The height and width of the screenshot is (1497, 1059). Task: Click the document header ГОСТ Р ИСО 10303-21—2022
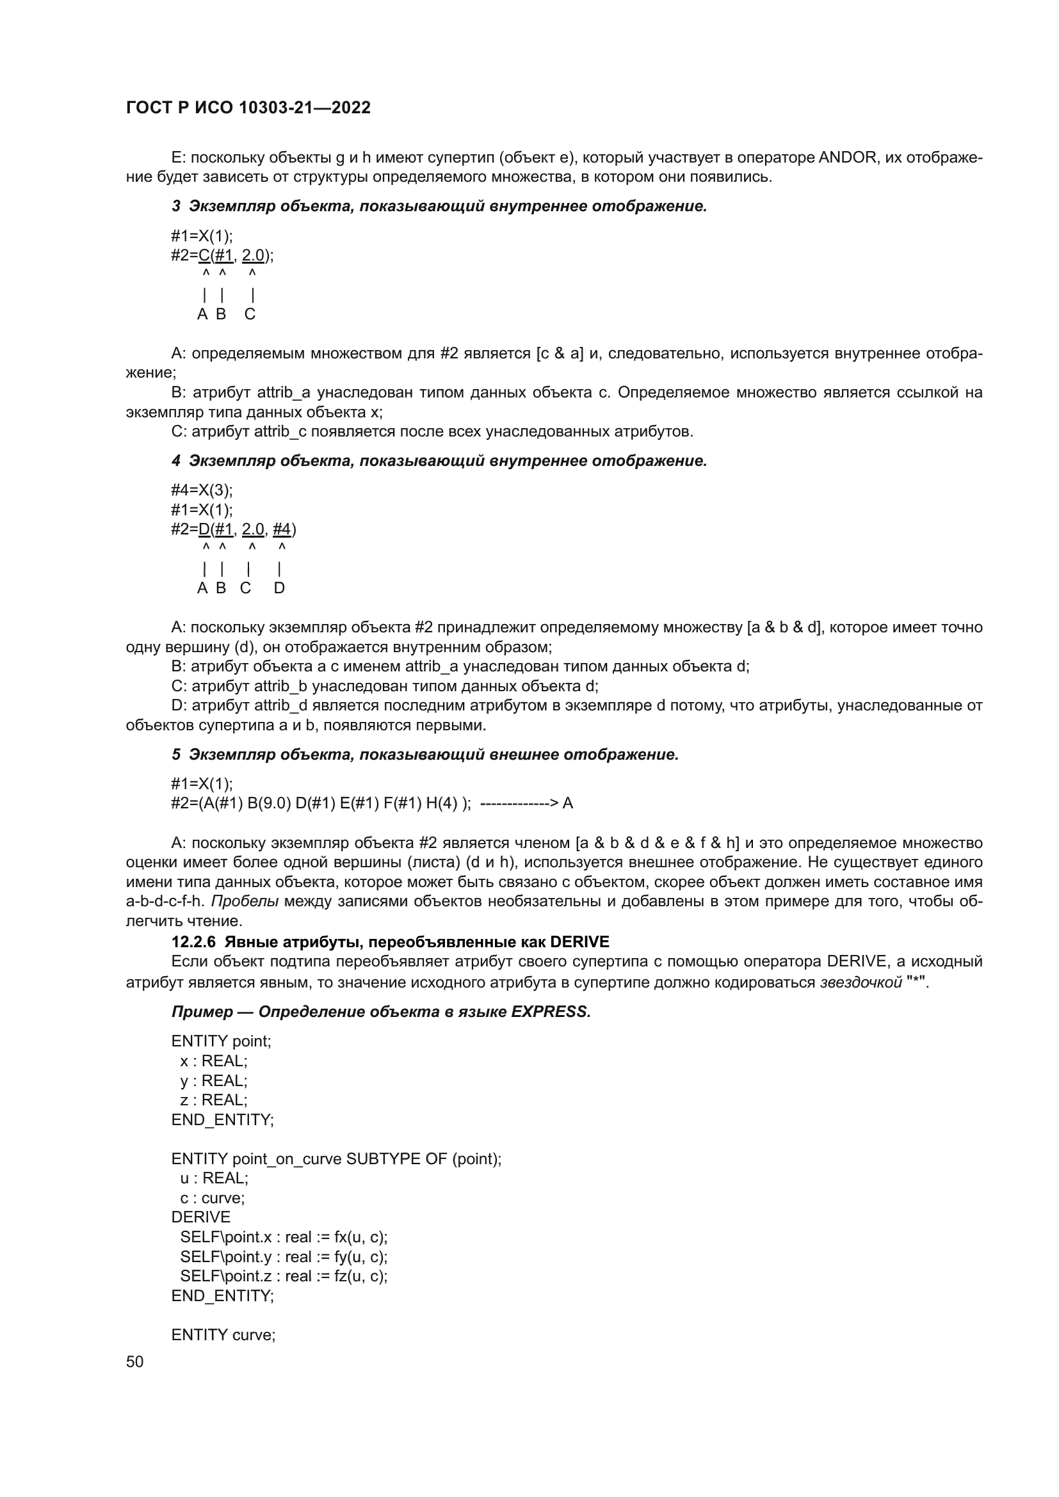(248, 108)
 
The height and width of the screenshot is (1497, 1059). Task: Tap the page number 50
(134, 1361)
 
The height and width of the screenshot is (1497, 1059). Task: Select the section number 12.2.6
(195, 941)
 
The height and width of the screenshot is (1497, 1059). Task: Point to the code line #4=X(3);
(202, 490)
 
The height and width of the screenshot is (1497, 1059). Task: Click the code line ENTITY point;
(221, 1041)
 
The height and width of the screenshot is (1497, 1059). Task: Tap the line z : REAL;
(214, 1100)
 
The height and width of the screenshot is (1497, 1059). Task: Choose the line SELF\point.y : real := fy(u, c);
(284, 1256)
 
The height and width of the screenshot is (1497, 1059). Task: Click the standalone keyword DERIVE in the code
(201, 1217)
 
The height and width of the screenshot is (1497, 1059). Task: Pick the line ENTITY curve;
(223, 1334)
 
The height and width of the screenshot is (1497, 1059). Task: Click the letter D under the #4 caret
(279, 588)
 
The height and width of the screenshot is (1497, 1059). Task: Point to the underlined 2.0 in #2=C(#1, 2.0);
(253, 255)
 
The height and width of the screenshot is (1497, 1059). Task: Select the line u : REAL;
(214, 1178)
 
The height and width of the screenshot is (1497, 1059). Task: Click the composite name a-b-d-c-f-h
(165, 901)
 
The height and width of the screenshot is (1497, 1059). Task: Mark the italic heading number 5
(176, 755)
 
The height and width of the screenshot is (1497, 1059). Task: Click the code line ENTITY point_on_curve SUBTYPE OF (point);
(337, 1158)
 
